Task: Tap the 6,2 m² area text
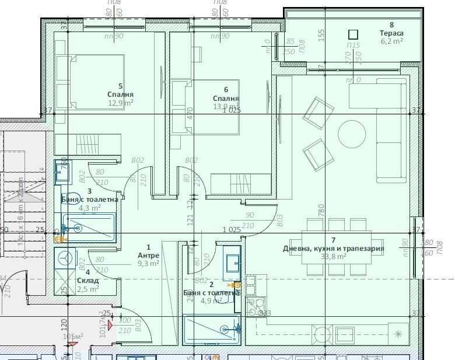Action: (x=391, y=41)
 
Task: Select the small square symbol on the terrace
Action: (x=352, y=34)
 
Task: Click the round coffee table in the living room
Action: (x=352, y=134)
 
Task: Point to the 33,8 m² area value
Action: (x=333, y=256)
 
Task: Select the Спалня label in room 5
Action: (x=120, y=95)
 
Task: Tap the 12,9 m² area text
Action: (x=120, y=103)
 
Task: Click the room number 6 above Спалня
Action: (x=226, y=90)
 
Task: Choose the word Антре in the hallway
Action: (x=148, y=256)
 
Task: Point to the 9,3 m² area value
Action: (x=148, y=264)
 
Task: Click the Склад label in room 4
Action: (x=87, y=280)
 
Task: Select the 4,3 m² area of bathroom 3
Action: (x=89, y=207)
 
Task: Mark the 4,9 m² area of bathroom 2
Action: (x=211, y=301)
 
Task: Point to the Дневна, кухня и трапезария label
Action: (x=333, y=248)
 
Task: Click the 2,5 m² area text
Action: (x=87, y=288)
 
